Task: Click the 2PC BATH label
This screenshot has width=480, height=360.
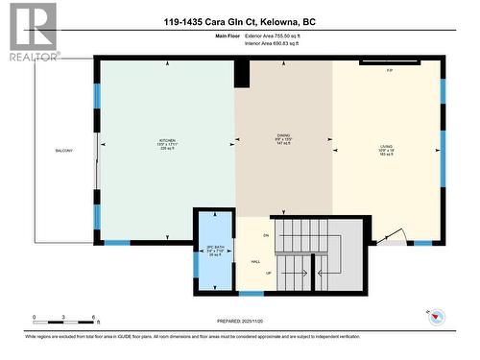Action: point(214,248)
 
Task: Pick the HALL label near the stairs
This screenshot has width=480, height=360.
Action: point(256,261)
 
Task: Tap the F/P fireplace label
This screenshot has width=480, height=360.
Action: point(389,71)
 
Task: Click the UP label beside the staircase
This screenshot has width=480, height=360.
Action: point(268,273)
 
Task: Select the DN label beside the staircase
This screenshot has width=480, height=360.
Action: point(267,234)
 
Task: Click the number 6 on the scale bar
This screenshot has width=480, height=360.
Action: point(94,316)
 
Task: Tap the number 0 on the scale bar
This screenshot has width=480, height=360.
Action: point(34,316)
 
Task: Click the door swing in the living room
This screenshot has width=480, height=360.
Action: point(388,236)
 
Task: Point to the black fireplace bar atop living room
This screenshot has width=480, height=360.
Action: point(389,63)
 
